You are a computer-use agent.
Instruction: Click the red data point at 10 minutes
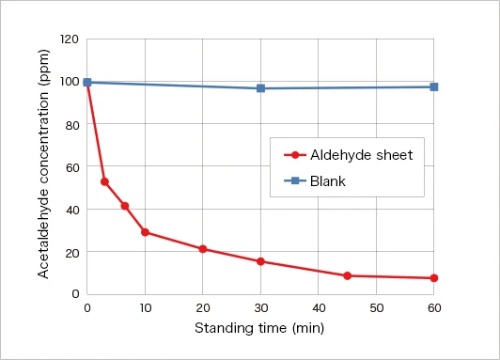pos(145,232)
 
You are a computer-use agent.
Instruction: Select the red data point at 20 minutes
pos(203,249)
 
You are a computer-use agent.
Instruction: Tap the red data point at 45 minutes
pos(347,275)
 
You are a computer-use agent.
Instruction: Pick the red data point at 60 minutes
pos(433,278)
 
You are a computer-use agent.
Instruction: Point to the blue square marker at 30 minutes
pos(260,88)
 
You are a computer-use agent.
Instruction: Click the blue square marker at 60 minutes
pos(433,86)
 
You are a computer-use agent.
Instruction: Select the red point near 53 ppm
pos(104,181)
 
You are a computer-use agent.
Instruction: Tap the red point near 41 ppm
pos(125,206)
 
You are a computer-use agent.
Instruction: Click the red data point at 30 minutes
pos(260,261)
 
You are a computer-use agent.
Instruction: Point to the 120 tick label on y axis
pos(70,39)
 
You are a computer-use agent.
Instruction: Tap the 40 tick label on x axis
pos(319,308)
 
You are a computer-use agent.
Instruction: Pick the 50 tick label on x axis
pos(376,308)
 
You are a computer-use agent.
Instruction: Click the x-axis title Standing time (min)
pos(260,328)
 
